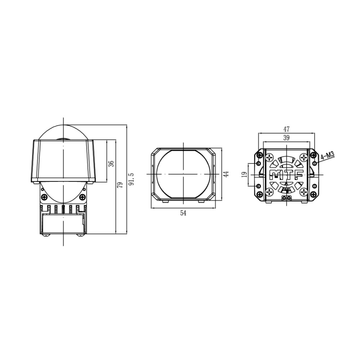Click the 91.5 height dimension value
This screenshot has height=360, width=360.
coord(131,179)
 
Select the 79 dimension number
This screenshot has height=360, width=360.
coord(120,185)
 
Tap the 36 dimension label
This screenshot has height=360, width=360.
coord(111,163)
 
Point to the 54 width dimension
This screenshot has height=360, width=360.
coord(183,213)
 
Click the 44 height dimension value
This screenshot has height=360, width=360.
coord(226,174)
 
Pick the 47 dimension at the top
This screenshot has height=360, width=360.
coord(286,129)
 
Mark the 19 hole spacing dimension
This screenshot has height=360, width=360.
coord(243,174)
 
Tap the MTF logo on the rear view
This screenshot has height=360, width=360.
coord(286,175)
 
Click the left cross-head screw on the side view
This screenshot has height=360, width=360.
coord(44,197)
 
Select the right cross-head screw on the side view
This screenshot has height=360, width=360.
coord(82,197)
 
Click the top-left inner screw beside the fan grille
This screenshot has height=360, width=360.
coord(269,157)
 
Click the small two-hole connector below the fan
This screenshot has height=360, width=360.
coord(286,197)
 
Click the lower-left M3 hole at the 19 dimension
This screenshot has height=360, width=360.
coord(257,185)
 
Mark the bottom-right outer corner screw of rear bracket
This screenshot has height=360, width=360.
coord(314,194)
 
